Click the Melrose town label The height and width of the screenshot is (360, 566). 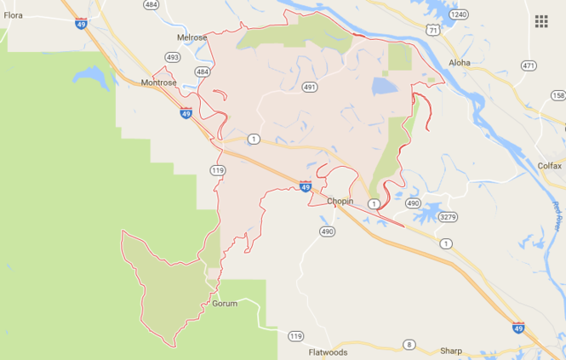pyautogui.click(x=192, y=38)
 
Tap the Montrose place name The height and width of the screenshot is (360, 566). pyautogui.click(x=159, y=83)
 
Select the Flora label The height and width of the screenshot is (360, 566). pyautogui.click(x=13, y=14)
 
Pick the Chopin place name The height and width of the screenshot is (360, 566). pyautogui.click(x=340, y=202)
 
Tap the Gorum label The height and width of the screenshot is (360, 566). pyautogui.click(x=225, y=303)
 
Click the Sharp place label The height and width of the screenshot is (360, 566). pyautogui.click(x=451, y=350)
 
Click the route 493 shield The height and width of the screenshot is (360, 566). pyautogui.click(x=173, y=58)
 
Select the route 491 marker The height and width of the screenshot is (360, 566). pyautogui.click(x=310, y=87)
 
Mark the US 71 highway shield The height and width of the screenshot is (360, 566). pyautogui.click(x=433, y=31)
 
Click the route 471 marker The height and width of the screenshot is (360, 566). pyautogui.click(x=529, y=66)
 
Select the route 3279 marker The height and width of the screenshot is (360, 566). pyautogui.click(x=448, y=217)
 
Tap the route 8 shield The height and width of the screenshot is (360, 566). pyautogui.click(x=409, y=344)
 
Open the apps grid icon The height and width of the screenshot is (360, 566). pyautogui.click(x=541, y=21)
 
